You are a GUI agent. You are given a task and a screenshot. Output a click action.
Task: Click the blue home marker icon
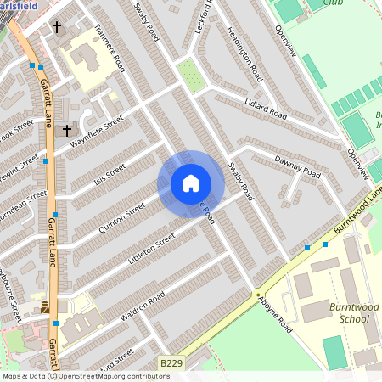[x=191, y=183]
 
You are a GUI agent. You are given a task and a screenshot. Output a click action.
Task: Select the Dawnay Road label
[x=297, y=166]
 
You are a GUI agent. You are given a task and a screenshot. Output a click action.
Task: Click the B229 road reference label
[x=171, y=362]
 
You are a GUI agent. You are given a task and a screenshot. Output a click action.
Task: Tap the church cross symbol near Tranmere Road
[x=57, y=27]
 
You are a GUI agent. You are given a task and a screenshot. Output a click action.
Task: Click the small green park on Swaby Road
[x=192, y=76]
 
